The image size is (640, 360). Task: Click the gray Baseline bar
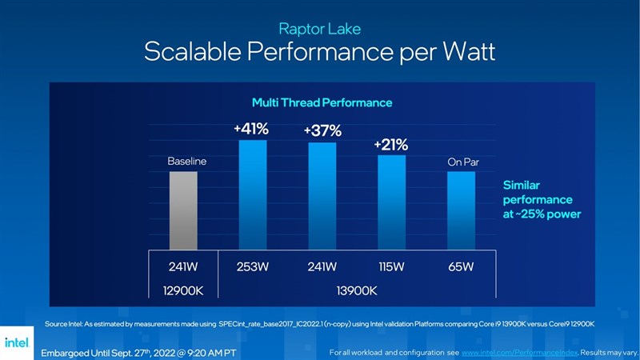tap(182, 210)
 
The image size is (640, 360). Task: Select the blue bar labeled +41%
tap(253, 194)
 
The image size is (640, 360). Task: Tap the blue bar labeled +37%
tap(322, 196)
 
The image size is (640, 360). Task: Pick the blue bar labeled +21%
tap(391, 202)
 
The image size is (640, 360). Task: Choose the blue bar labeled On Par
tap(461, 210)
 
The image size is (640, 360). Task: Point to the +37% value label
tap(322, 131)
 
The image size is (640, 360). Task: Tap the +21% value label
tap(391, 145)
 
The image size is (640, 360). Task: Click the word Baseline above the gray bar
tap(186, 162)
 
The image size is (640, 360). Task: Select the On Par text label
tap(462, 162)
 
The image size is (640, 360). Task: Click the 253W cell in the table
tap(253, 267)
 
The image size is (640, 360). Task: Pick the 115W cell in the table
tap(391, 267)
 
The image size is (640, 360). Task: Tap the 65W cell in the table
tap(461, 267)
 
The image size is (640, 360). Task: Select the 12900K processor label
tap(184, 290)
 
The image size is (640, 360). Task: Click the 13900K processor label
tap(356, 290)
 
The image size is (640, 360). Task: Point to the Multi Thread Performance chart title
tap(322, 102)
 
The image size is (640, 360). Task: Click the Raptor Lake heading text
tap(320, 29)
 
